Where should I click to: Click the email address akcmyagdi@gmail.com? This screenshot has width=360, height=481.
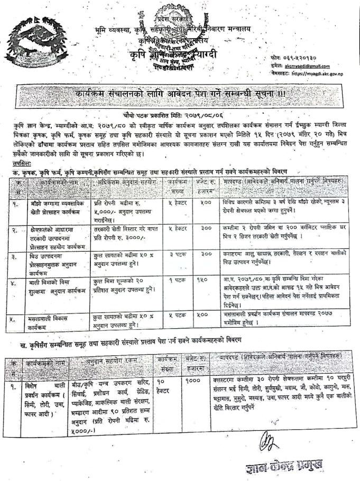coord(306,66)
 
